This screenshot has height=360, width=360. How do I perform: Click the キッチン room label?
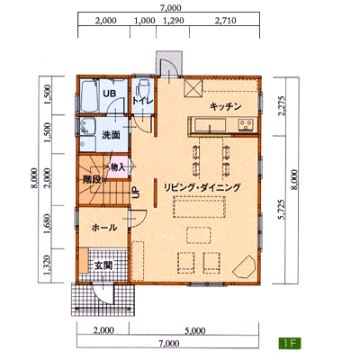tap(226, 106)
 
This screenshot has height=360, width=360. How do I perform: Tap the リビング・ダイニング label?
tap(202, 187)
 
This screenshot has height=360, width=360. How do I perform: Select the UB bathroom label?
tap(110, 94)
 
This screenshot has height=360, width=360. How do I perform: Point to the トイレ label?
tap(143, 101)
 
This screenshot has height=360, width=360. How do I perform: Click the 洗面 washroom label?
tap(111, 135)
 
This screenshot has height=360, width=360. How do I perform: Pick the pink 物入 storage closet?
tap(119, 167)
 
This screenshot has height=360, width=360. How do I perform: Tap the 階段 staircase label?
tap(92, 180)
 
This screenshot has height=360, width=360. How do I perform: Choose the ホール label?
tap(104, 228)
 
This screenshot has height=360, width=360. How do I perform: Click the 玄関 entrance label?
tap(103, 265)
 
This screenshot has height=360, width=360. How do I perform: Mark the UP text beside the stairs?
tap(136, 193)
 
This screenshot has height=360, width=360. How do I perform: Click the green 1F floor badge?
tap(290, 343)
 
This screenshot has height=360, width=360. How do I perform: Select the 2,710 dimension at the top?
tap(226, 21)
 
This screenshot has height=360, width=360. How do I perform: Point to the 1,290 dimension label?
tap(173, 21)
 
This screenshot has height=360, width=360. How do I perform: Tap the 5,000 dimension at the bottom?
tap(195, 330)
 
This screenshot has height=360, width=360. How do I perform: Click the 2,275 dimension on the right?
tap(281, 105)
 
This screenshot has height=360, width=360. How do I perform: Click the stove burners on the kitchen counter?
tap(246, 124)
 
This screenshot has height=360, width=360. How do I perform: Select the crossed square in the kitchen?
tap(193, 88)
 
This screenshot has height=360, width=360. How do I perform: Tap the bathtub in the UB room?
tap(89, 95)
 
